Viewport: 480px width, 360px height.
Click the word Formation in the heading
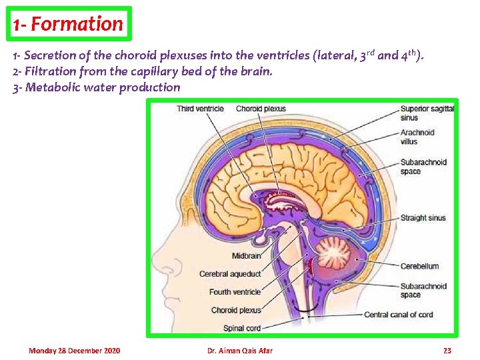77,24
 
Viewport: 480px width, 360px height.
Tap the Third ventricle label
200,109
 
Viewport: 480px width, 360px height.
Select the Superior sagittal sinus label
427,113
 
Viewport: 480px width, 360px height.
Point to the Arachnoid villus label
417,137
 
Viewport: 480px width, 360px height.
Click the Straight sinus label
423,218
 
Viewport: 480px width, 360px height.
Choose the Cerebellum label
419,266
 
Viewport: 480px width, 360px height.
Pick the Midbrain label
246,256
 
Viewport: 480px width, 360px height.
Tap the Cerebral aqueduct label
230,274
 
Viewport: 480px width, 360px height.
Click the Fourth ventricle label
235,292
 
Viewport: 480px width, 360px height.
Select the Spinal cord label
242,328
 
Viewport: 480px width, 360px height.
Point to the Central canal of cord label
398,315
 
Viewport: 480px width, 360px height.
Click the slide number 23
447,351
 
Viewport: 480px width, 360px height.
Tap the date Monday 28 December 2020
75,351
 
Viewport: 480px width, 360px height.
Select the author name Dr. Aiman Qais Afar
240,351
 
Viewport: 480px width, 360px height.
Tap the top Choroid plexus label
261,109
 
